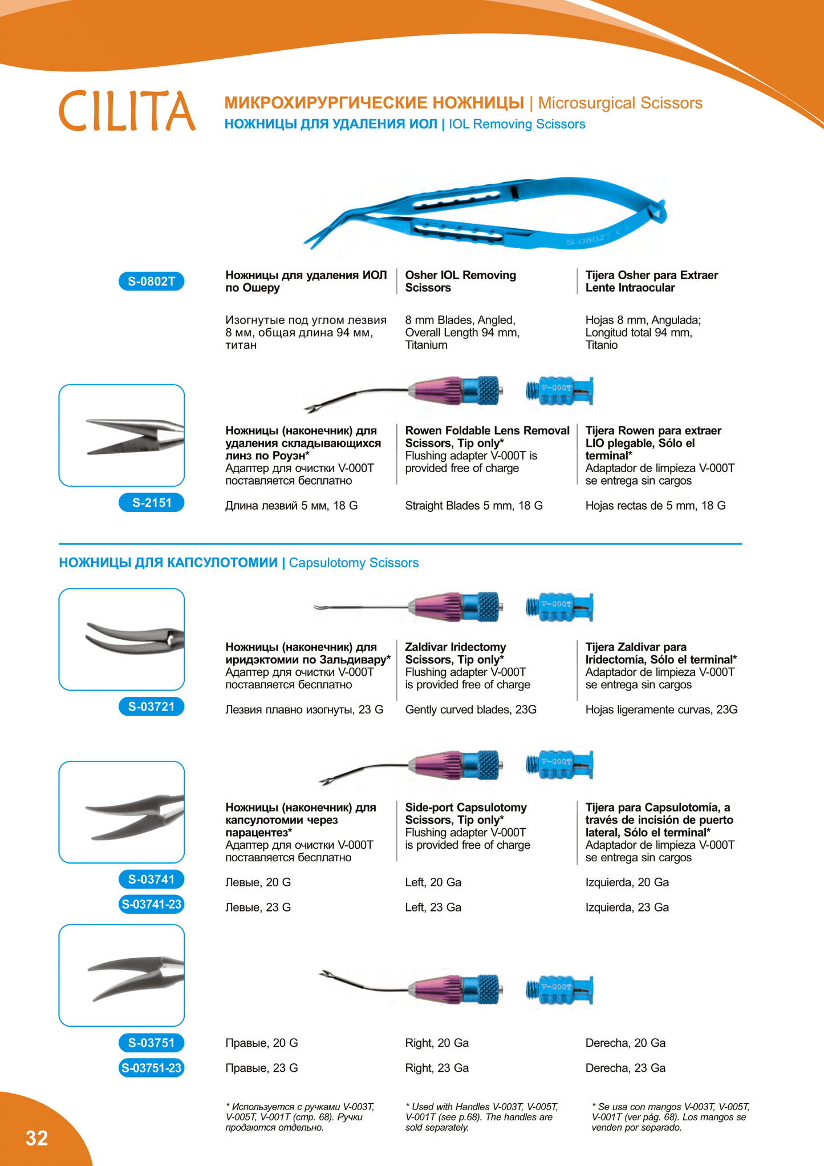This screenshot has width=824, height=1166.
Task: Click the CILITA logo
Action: (x=127, y=111)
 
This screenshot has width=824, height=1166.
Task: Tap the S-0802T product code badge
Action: (x=151, y=281)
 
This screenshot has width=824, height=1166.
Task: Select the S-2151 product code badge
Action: (x=151, y=503)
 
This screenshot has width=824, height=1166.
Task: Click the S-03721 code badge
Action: (x=151, y=707)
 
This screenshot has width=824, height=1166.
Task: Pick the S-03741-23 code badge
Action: (x=151, y=904)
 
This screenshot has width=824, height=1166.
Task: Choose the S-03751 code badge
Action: (x=151, y=1043)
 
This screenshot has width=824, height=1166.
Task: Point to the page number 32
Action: (x=37, y=1138)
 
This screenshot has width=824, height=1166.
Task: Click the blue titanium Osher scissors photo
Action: (x=485, y=214)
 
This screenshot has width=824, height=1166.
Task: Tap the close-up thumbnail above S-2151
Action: (x=121, y=435)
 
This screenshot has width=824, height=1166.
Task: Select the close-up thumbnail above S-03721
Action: (x=121, y=639)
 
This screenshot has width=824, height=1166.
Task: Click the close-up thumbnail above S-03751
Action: (x=121, y=975)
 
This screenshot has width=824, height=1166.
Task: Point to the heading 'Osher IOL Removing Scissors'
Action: (x=460, y=281)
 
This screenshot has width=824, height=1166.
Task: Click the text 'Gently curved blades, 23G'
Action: (x=470, y=710)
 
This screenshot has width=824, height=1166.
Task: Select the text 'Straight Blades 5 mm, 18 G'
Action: (x=473, y=506)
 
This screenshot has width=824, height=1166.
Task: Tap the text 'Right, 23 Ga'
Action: (x=437, y=1068)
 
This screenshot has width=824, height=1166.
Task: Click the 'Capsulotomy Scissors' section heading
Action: (x=354, y=563)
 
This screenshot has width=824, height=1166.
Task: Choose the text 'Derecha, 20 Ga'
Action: (x=625, y=1043)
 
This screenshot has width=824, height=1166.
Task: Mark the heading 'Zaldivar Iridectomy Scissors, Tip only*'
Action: (x=455, y=653)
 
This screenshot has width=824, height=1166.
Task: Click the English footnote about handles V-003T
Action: (x=481, y=1117)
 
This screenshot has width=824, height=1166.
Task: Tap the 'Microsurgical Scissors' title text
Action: (x=620, y=103)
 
